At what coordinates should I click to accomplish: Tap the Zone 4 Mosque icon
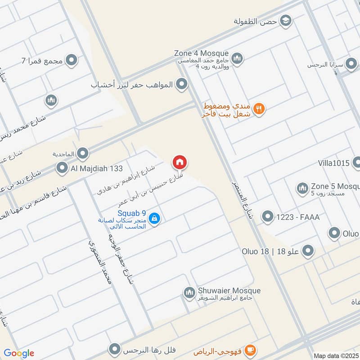coord(237,58)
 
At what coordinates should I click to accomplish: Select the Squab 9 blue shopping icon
coord(154,219)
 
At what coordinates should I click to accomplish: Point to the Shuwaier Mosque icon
coord(189,293)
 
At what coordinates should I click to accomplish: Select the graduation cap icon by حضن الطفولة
coord(285,20)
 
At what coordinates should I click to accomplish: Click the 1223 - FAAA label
coord(299,217)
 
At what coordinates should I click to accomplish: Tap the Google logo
coord(19,353)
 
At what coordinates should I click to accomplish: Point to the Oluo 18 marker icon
coord(308,251)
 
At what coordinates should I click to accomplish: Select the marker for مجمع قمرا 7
coord(71,60)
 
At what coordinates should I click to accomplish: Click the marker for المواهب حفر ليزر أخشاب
coord(181,84)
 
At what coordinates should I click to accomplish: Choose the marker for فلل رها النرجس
coord(116,350)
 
